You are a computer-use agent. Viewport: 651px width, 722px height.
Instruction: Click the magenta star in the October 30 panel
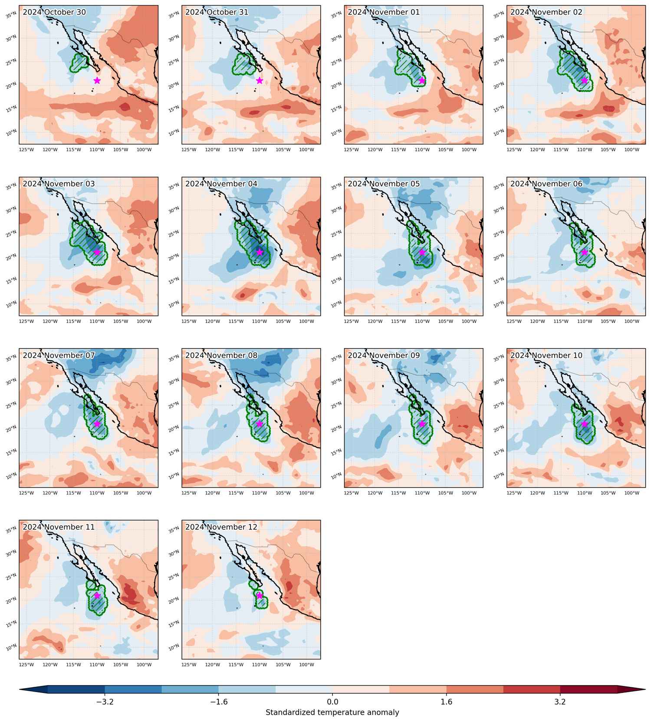97,80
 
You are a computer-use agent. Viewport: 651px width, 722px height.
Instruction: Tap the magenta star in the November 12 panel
260,595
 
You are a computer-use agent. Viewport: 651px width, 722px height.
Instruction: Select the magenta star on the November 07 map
97,424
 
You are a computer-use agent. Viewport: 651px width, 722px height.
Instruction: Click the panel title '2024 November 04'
221,184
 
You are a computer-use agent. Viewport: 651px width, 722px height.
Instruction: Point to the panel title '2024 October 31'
217,12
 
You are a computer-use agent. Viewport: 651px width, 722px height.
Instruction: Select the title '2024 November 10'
546,355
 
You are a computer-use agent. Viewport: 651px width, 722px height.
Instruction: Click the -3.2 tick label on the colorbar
105,702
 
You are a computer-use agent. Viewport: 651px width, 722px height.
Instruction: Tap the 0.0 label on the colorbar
332,702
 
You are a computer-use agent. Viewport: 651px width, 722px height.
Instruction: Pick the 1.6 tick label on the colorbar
446,702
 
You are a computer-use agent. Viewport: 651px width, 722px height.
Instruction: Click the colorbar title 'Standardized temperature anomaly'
332,712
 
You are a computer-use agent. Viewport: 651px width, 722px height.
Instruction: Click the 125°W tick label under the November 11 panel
26,665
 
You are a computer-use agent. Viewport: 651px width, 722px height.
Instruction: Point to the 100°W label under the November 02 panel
631,150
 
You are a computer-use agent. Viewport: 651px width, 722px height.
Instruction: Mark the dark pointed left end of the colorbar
20,689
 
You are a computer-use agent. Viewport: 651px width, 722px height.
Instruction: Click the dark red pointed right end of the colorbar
645,689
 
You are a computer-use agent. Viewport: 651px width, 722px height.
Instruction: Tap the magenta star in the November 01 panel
422,80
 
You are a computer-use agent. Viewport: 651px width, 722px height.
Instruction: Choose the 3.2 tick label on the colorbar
560,702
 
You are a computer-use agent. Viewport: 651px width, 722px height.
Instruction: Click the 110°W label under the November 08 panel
260,493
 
